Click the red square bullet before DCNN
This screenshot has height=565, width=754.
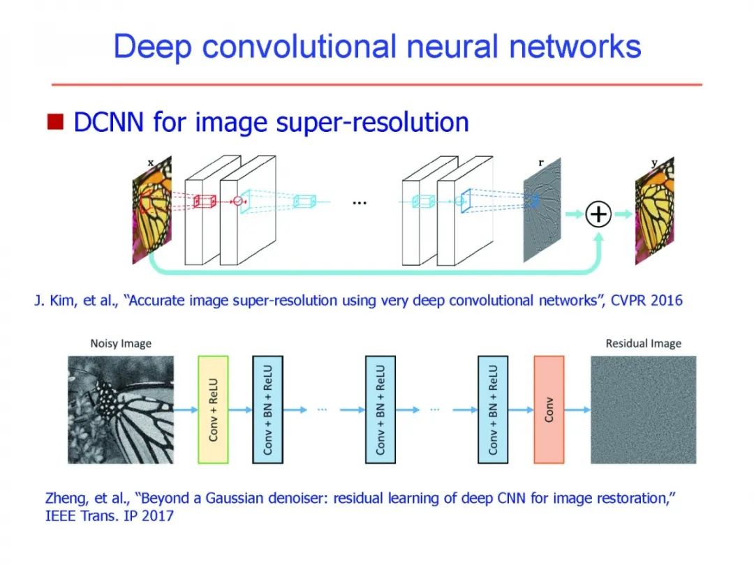56,122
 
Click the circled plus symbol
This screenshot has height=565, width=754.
598,215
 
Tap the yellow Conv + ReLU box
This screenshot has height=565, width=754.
214,409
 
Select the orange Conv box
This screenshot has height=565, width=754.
549,409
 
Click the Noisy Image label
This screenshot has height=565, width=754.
121,343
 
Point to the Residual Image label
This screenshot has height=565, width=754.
643,343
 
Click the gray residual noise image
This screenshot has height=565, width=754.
643,409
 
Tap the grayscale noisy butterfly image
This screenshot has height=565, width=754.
120,409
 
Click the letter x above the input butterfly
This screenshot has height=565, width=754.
150,163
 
